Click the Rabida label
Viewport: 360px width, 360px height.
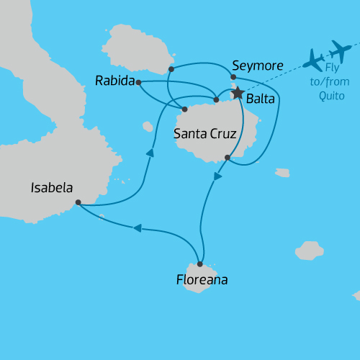115,81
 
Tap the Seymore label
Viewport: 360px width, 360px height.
258,66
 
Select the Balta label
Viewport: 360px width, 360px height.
260,99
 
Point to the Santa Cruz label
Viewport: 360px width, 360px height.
205,134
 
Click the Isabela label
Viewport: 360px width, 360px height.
51,188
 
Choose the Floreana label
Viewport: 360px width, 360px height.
202,280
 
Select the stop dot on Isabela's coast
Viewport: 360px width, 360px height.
78,202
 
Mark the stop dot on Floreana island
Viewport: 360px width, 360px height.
200,264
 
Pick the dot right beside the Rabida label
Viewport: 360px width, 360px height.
138,82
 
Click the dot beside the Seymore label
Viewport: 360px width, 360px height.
233,77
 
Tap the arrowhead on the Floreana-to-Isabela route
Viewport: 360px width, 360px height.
137,228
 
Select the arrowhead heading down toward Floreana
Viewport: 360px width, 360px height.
217,176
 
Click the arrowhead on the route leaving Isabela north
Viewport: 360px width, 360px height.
151,152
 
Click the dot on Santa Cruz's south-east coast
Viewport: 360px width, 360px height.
228,158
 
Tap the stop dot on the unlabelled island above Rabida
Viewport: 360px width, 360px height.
171,70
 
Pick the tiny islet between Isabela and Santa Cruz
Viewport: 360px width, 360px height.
148,127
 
